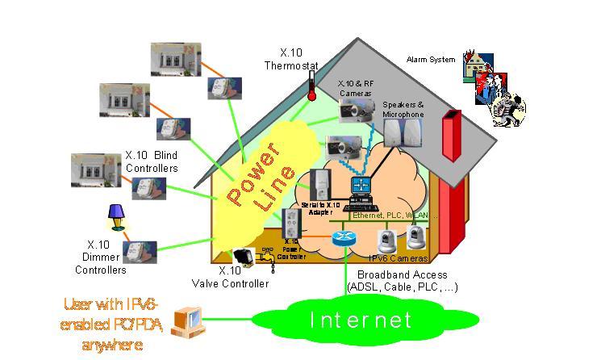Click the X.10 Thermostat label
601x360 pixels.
click(291, 59)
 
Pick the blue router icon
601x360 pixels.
click(344, 238)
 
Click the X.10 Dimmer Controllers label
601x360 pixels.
click(106, 257)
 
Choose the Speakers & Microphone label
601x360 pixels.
click(403, 110)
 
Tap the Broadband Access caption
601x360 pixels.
click(402, 280)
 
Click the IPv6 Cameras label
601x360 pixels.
click(398, 258)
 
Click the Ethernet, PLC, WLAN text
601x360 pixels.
click(395, 216)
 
